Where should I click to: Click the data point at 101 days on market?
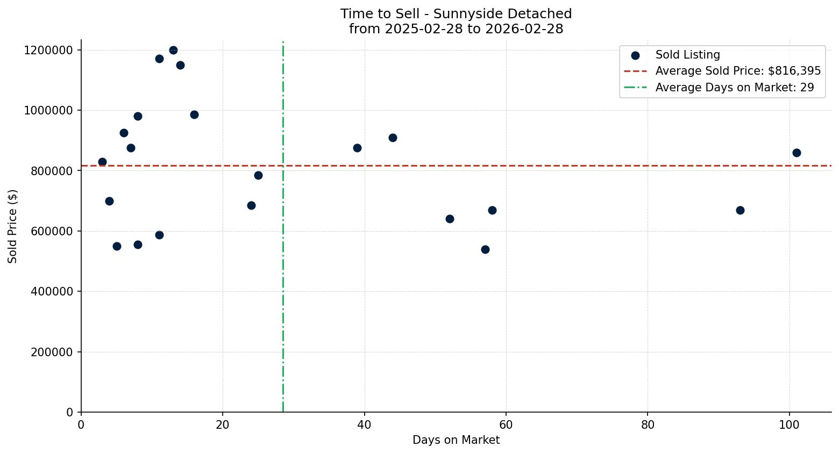797,153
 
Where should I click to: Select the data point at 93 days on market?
740,210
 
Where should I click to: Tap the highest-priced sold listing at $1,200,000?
173,50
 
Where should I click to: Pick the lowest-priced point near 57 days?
485,249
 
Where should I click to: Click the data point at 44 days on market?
393,138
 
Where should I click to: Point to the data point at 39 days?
357,148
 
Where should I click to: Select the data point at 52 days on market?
450,219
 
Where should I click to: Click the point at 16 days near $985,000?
194,114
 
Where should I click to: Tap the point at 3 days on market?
102,162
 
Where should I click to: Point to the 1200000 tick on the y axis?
48,51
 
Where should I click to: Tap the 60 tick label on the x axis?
506,425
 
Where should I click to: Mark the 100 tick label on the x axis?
789,425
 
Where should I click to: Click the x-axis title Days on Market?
456,440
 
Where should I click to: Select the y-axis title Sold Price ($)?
13,226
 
